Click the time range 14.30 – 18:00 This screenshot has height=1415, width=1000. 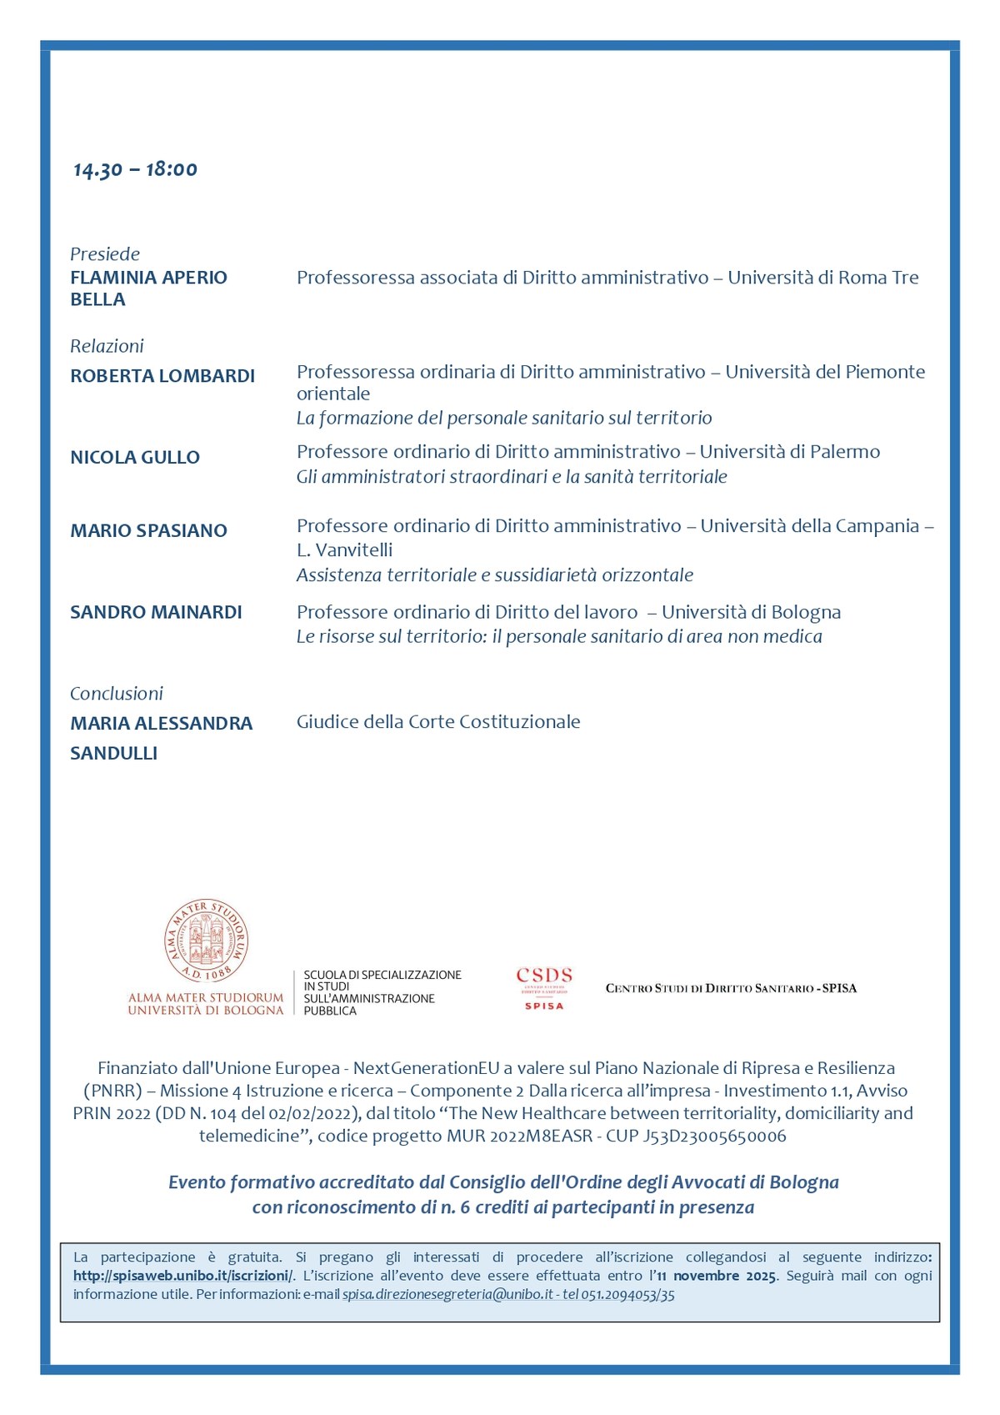(135, 169)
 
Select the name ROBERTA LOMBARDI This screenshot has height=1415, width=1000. (162, 376)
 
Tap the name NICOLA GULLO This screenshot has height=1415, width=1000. (135, 457)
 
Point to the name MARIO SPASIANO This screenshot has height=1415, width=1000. (148, 530)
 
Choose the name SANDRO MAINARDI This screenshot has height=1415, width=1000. (156, 612)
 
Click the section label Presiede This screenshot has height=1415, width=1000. (105, 253)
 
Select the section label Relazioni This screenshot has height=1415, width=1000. (107, 346)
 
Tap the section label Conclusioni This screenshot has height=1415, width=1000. (117, 693)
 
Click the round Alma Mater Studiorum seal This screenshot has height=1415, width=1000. (206, 941)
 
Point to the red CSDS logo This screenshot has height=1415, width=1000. (544, 987)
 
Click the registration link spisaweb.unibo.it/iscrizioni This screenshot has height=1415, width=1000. (182, 1276)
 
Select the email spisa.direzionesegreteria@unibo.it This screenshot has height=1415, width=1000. (447, 1295)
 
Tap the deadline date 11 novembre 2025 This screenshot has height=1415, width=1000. (717, 1276)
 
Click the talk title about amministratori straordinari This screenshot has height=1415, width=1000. (512, 477)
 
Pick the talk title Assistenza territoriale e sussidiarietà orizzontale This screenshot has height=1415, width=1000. (495, 575)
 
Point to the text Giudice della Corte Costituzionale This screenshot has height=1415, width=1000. (438, 722)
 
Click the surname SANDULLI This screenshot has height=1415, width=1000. (114, 753)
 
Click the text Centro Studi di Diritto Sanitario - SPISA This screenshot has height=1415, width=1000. (731, 988)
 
